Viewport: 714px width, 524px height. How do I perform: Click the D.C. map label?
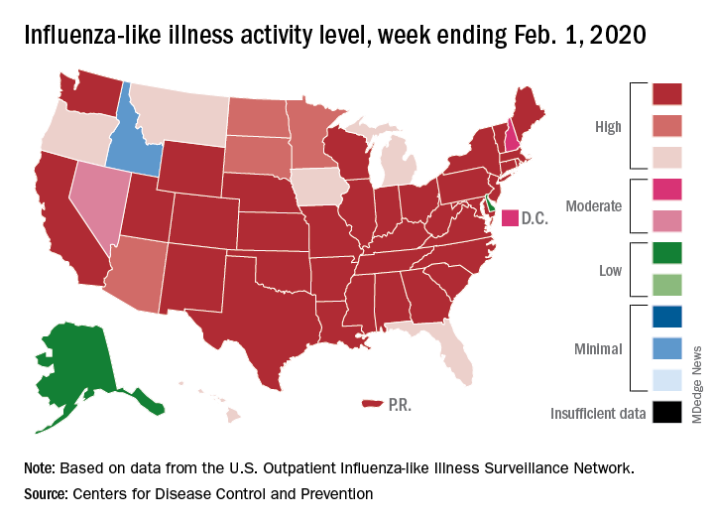click(535, 218)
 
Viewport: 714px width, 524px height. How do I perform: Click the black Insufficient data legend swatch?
click(667, 412)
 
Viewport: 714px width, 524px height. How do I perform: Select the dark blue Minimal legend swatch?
click(667, 320)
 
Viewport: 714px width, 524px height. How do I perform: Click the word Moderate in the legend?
click(593, 206)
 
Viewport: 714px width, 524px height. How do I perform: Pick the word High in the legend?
click(608, 125)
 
